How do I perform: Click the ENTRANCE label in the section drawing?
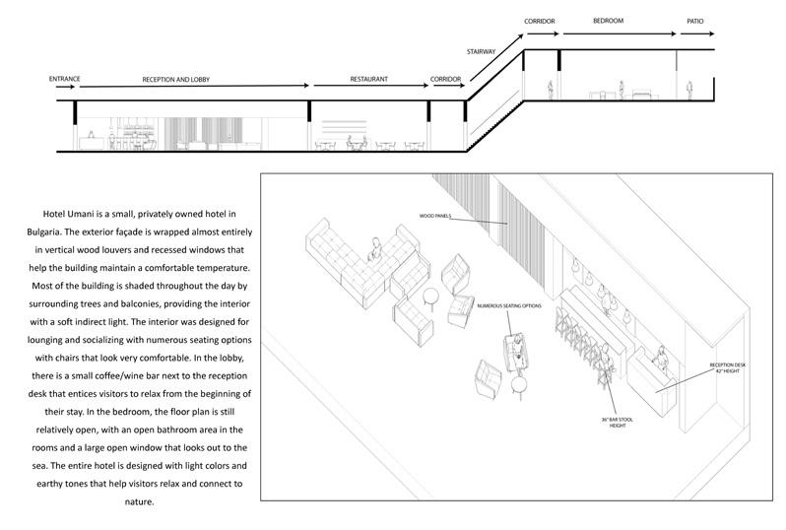coord(63,78)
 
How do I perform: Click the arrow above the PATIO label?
coord(694,31)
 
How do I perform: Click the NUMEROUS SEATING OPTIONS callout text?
coord(509,306)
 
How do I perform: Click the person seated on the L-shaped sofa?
coord(374,246)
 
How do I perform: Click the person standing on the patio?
coord(688,90)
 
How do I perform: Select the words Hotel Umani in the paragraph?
coord(72,214)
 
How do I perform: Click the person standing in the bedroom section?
coord(621,89)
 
